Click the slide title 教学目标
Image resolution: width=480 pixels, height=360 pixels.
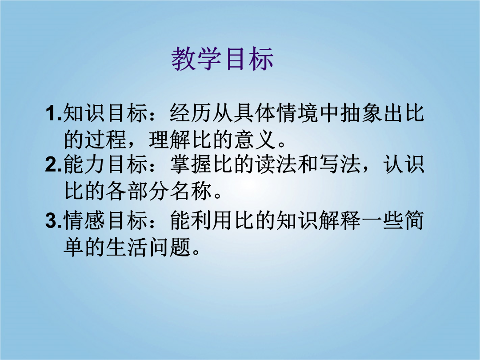pyautogui.click(x=222, y=59)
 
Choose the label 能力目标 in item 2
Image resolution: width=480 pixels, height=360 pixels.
pyautogui.click(x=106, y=164)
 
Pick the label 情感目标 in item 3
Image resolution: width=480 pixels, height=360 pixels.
pyautogui.click(x=106, y=221)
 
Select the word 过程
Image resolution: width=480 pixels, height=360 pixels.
pyautogui.click(x=106, y=140)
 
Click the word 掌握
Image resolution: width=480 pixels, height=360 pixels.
pyautogui.click(x=191, y=164)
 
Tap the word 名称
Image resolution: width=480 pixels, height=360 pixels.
pyautogui.click(x=191, y=191)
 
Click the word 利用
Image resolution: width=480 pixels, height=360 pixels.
pyautogui.click(x=212, y=221)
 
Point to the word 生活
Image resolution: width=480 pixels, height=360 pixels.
pyautogui.click(x=127, y=247)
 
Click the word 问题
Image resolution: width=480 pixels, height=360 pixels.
pyautogui.click(x=169, y=247)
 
